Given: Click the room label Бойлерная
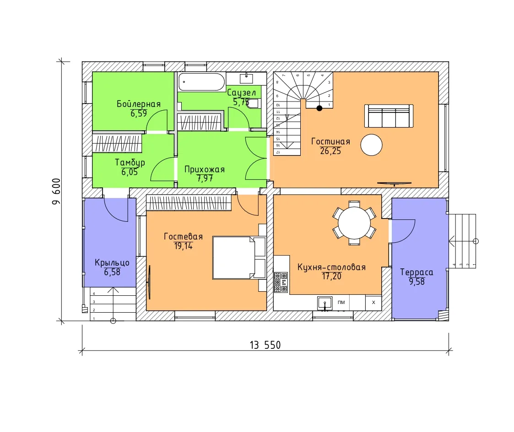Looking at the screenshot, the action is click(x=139, y=104).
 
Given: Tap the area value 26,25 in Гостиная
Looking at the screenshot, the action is click(x=330, y=151).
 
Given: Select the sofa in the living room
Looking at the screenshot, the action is click(x=389, y=116).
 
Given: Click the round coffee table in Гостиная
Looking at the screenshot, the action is click(x=371, y=145).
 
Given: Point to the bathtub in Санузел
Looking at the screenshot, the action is click(x=201, y=82).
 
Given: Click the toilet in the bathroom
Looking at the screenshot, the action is click(x=254, y=103).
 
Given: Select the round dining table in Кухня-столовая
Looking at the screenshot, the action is click(x=354, y=223).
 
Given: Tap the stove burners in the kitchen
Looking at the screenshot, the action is click(x=281, y=282).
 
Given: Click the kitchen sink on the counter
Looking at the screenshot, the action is click(x=325, y=303).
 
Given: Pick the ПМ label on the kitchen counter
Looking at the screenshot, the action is click(x=341, y=302).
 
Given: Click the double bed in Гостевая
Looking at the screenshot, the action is click(x=239, y=257).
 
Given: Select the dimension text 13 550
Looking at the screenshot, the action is click(x=265, y=345).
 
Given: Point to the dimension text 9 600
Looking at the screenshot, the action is click(x=56, y=192).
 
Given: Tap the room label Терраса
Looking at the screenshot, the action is click(x=417, y=272).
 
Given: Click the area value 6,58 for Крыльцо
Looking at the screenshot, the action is click(x=112, y=272).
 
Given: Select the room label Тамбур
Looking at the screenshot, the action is click(x=130, y=163).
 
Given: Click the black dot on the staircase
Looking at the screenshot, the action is click(x=319, y=108).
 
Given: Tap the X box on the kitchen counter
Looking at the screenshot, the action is click(x=373, y=302).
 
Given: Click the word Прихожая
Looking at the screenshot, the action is click(x=205, y=169).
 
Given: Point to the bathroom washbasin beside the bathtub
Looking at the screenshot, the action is click(x=246, y=79).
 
